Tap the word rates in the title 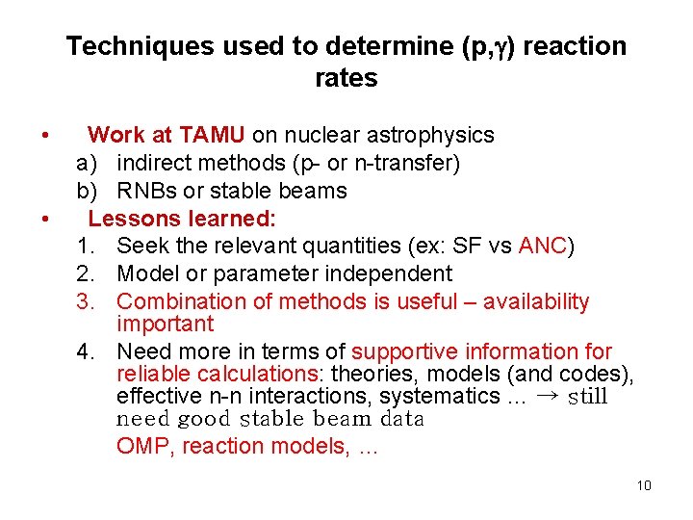coord(346,79)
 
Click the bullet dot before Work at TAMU coord(44,136)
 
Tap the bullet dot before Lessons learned coord(44,219)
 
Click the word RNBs coord(146,191)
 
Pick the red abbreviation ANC coord(543,247)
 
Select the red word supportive coord(397,352)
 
